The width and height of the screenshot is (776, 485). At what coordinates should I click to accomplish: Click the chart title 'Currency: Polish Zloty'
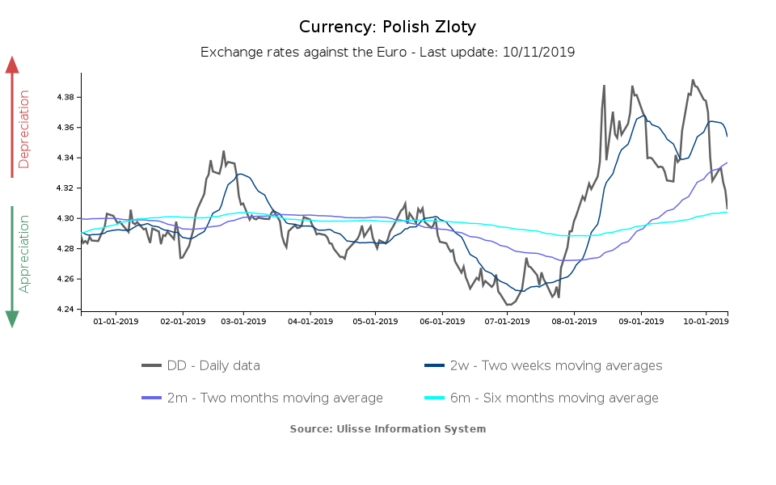387,27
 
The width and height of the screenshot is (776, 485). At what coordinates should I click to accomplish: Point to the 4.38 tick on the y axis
65,97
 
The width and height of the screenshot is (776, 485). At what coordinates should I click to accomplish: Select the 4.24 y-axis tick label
65,310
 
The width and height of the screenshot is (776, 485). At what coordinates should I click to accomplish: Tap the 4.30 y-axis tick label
65,218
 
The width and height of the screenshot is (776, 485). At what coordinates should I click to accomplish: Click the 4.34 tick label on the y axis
65,158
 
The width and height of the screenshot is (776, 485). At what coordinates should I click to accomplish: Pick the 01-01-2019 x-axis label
116,321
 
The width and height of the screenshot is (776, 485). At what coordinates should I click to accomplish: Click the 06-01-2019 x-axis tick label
442,321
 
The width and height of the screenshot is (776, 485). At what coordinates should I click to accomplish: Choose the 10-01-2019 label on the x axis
706,321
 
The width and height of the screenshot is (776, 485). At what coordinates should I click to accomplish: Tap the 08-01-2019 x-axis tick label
574,321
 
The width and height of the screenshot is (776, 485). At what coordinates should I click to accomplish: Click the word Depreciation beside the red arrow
24,129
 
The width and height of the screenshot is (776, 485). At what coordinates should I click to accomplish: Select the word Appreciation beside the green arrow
24,254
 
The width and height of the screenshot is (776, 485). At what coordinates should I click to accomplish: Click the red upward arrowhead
12,65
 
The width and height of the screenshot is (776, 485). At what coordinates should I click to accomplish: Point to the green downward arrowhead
12,318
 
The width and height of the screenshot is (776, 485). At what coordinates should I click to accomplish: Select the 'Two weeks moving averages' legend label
556,365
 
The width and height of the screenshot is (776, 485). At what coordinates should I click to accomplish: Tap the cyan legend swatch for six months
436,398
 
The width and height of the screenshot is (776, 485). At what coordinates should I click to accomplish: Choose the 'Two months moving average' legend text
275,398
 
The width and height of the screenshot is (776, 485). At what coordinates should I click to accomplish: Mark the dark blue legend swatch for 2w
436,365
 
